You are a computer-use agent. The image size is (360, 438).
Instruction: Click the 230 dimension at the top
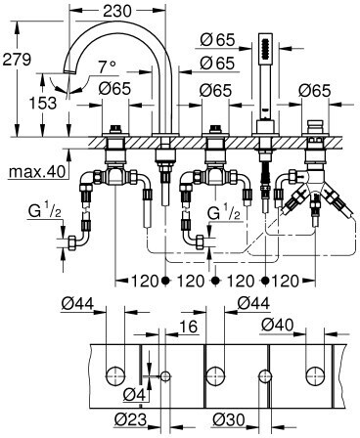point(117,12)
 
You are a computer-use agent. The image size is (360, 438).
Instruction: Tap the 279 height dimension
point(17,60)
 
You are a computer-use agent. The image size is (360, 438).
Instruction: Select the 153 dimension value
point(43,103)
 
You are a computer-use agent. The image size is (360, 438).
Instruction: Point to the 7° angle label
point(107,67)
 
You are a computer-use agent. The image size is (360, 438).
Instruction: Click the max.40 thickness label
point(37,172)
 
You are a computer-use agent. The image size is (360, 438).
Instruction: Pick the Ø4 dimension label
point(134,395)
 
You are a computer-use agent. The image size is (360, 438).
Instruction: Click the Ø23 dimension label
point(130,419)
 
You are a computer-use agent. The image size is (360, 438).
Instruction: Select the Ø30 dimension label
point(229,419)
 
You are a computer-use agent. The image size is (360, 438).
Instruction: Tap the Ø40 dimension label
point(278,325)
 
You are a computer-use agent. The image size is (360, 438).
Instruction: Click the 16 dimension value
point(190,327)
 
